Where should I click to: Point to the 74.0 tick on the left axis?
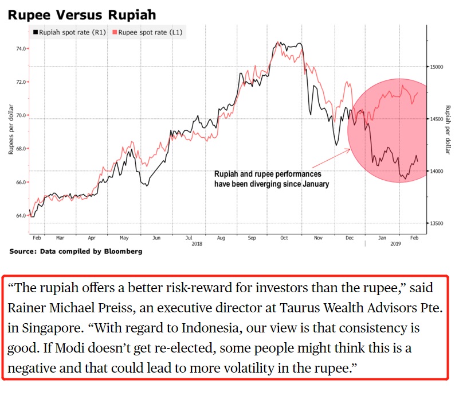21,49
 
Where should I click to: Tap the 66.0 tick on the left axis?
21,183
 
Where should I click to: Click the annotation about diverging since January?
271,179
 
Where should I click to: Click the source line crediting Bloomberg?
76,251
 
